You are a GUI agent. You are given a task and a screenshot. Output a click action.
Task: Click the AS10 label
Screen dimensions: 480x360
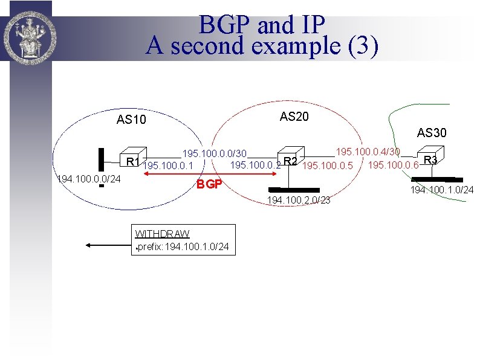point(131,120)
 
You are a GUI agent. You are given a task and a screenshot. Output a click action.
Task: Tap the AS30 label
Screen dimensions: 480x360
point(432,133)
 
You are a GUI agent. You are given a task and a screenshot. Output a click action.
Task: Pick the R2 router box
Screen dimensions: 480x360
point(290,156)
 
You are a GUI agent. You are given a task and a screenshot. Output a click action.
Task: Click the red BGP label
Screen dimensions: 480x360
point(210,184)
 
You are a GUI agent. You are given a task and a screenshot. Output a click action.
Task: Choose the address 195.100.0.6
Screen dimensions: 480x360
point(394,165)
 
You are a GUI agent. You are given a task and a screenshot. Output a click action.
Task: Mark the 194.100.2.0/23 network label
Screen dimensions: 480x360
point(299,200)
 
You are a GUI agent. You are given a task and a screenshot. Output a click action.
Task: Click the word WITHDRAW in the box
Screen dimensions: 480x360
point(162,234)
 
